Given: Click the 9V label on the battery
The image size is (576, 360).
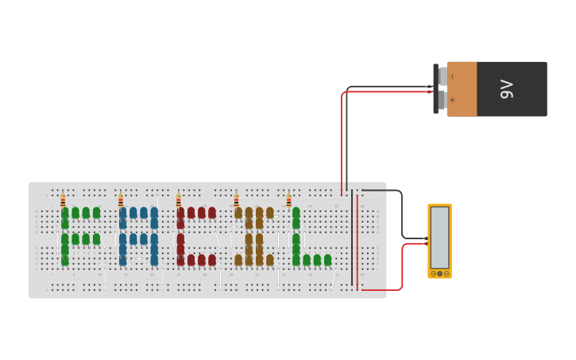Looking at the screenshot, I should pos(507,89).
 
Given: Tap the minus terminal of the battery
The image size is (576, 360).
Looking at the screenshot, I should pos(443,76).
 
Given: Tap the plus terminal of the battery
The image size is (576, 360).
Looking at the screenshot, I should pos(443,101).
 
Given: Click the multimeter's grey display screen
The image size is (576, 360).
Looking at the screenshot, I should pos(439,237).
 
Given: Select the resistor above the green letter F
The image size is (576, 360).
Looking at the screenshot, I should pos(64,200).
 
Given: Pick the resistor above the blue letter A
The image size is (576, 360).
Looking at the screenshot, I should pos(121,200).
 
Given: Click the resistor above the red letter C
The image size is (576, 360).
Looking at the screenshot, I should pos(178,200).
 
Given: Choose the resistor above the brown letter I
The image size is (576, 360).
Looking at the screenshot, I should pos(236,200).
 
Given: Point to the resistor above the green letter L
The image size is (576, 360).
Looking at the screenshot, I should pos(288,200).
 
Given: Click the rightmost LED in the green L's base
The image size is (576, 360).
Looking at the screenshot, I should pos(327,260).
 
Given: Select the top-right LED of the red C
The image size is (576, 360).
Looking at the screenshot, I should pos(212,213).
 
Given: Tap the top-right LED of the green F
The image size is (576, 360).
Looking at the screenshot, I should pos(96,213).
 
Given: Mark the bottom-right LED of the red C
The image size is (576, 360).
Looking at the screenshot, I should pos(212,260).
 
